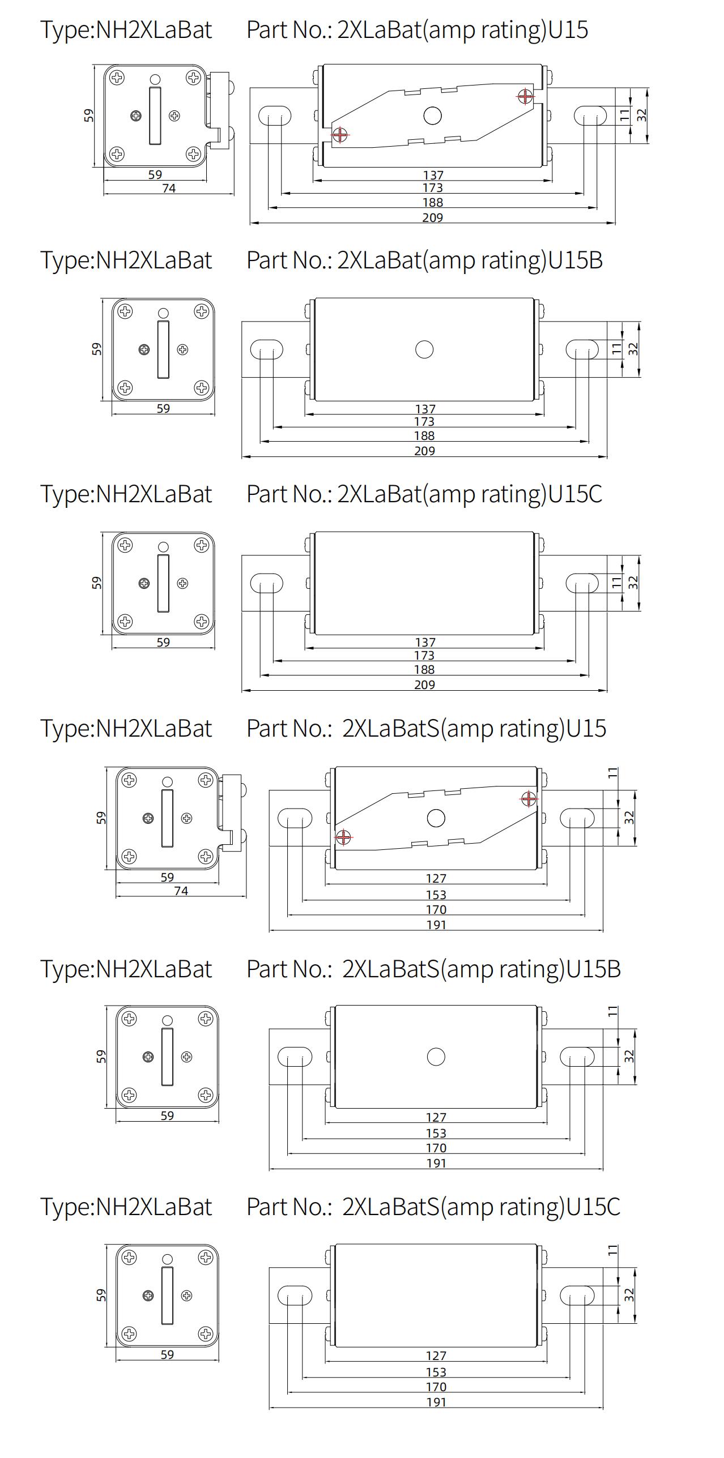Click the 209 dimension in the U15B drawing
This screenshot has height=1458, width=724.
click(424, 451)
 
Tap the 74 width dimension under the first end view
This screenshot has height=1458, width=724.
click(169, 189)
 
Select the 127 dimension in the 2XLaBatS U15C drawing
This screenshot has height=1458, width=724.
click(436, 1356)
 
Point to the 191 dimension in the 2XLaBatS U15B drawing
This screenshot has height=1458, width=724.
click(436, 1163)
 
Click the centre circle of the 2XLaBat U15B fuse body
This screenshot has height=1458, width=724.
click(424, 349)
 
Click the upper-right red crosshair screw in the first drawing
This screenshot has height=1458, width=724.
click(525, 96)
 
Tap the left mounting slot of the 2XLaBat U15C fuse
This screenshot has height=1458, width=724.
click(266, 583)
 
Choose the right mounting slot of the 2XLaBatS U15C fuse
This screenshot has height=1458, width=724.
click(577, 1295)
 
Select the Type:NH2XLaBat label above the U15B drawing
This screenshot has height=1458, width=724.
click(126, 260)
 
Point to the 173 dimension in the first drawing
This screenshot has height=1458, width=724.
click(432, 188)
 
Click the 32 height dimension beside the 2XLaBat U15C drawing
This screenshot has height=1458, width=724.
click(634, 582)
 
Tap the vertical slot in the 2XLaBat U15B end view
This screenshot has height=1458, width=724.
click(163, 349)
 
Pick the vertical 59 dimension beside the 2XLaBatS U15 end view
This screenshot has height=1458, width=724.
click(101, 818)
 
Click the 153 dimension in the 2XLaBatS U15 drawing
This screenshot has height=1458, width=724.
click(436, 895)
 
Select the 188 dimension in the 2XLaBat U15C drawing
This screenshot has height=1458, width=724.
click(424, 670)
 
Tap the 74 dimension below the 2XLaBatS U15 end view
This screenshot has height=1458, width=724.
click(181, 891)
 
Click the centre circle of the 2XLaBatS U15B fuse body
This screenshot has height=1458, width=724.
click(436, 1057)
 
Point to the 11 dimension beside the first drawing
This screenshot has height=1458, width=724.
click(624, 116)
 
